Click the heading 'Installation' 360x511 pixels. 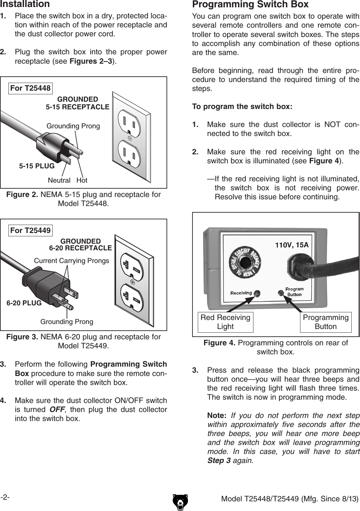[x=25, y=4]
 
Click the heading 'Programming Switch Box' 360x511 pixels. [x=250, y=4]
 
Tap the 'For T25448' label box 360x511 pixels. [x=30, y=88]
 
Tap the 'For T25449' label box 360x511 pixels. [x=30, y=230]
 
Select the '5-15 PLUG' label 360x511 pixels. [x=37, y=166]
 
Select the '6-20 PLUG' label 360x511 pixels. [x=24, y=303]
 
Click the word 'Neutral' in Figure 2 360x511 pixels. [x=59, y=180]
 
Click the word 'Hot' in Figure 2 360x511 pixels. [x=82, y=180]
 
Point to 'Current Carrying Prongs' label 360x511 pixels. [x=71, y=261]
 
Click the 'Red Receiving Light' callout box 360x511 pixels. [x=225, y=322]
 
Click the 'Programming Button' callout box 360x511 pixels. [x=325, y=322]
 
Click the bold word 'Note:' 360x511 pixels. [x=216, y=416]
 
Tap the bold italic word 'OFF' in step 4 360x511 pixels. [x=57, y=409]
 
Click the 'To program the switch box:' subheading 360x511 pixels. [x=242, y=107]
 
